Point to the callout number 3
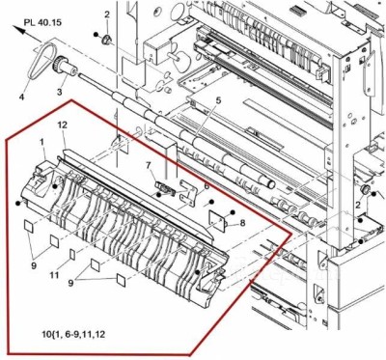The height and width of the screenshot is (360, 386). [60, 92]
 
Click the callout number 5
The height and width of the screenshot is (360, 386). [218, 101]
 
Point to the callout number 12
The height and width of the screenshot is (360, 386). [62, 125]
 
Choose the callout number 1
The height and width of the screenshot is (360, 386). [42, 142]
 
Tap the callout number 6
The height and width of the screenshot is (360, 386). [206, 185]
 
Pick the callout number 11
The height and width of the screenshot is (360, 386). [56, 275]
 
